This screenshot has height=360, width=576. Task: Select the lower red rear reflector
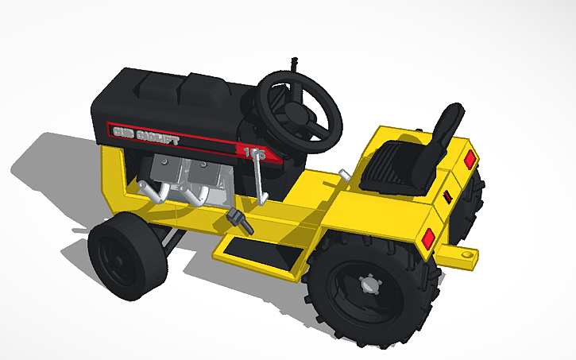428,238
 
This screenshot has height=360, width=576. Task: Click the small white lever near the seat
342,174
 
